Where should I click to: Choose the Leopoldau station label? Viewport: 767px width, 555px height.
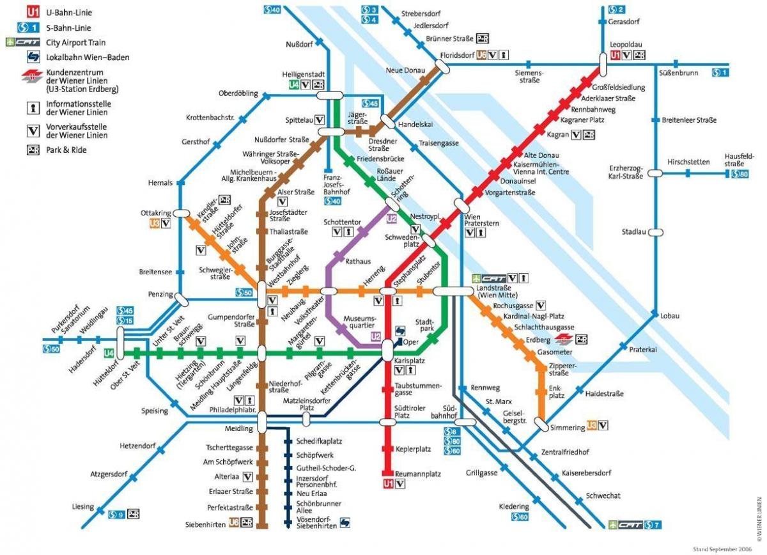(x=624, y=45)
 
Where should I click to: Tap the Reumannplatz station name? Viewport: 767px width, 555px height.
(x=419, y=474)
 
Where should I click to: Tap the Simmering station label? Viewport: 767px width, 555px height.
(x=568, y=427)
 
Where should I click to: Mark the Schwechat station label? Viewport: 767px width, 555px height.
(x=603, y=496)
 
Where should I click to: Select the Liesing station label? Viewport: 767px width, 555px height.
(x=83, y=506)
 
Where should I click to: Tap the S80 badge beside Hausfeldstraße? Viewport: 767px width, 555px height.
(x=740, y=174)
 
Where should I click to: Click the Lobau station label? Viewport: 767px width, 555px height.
(x=670, y=315)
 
